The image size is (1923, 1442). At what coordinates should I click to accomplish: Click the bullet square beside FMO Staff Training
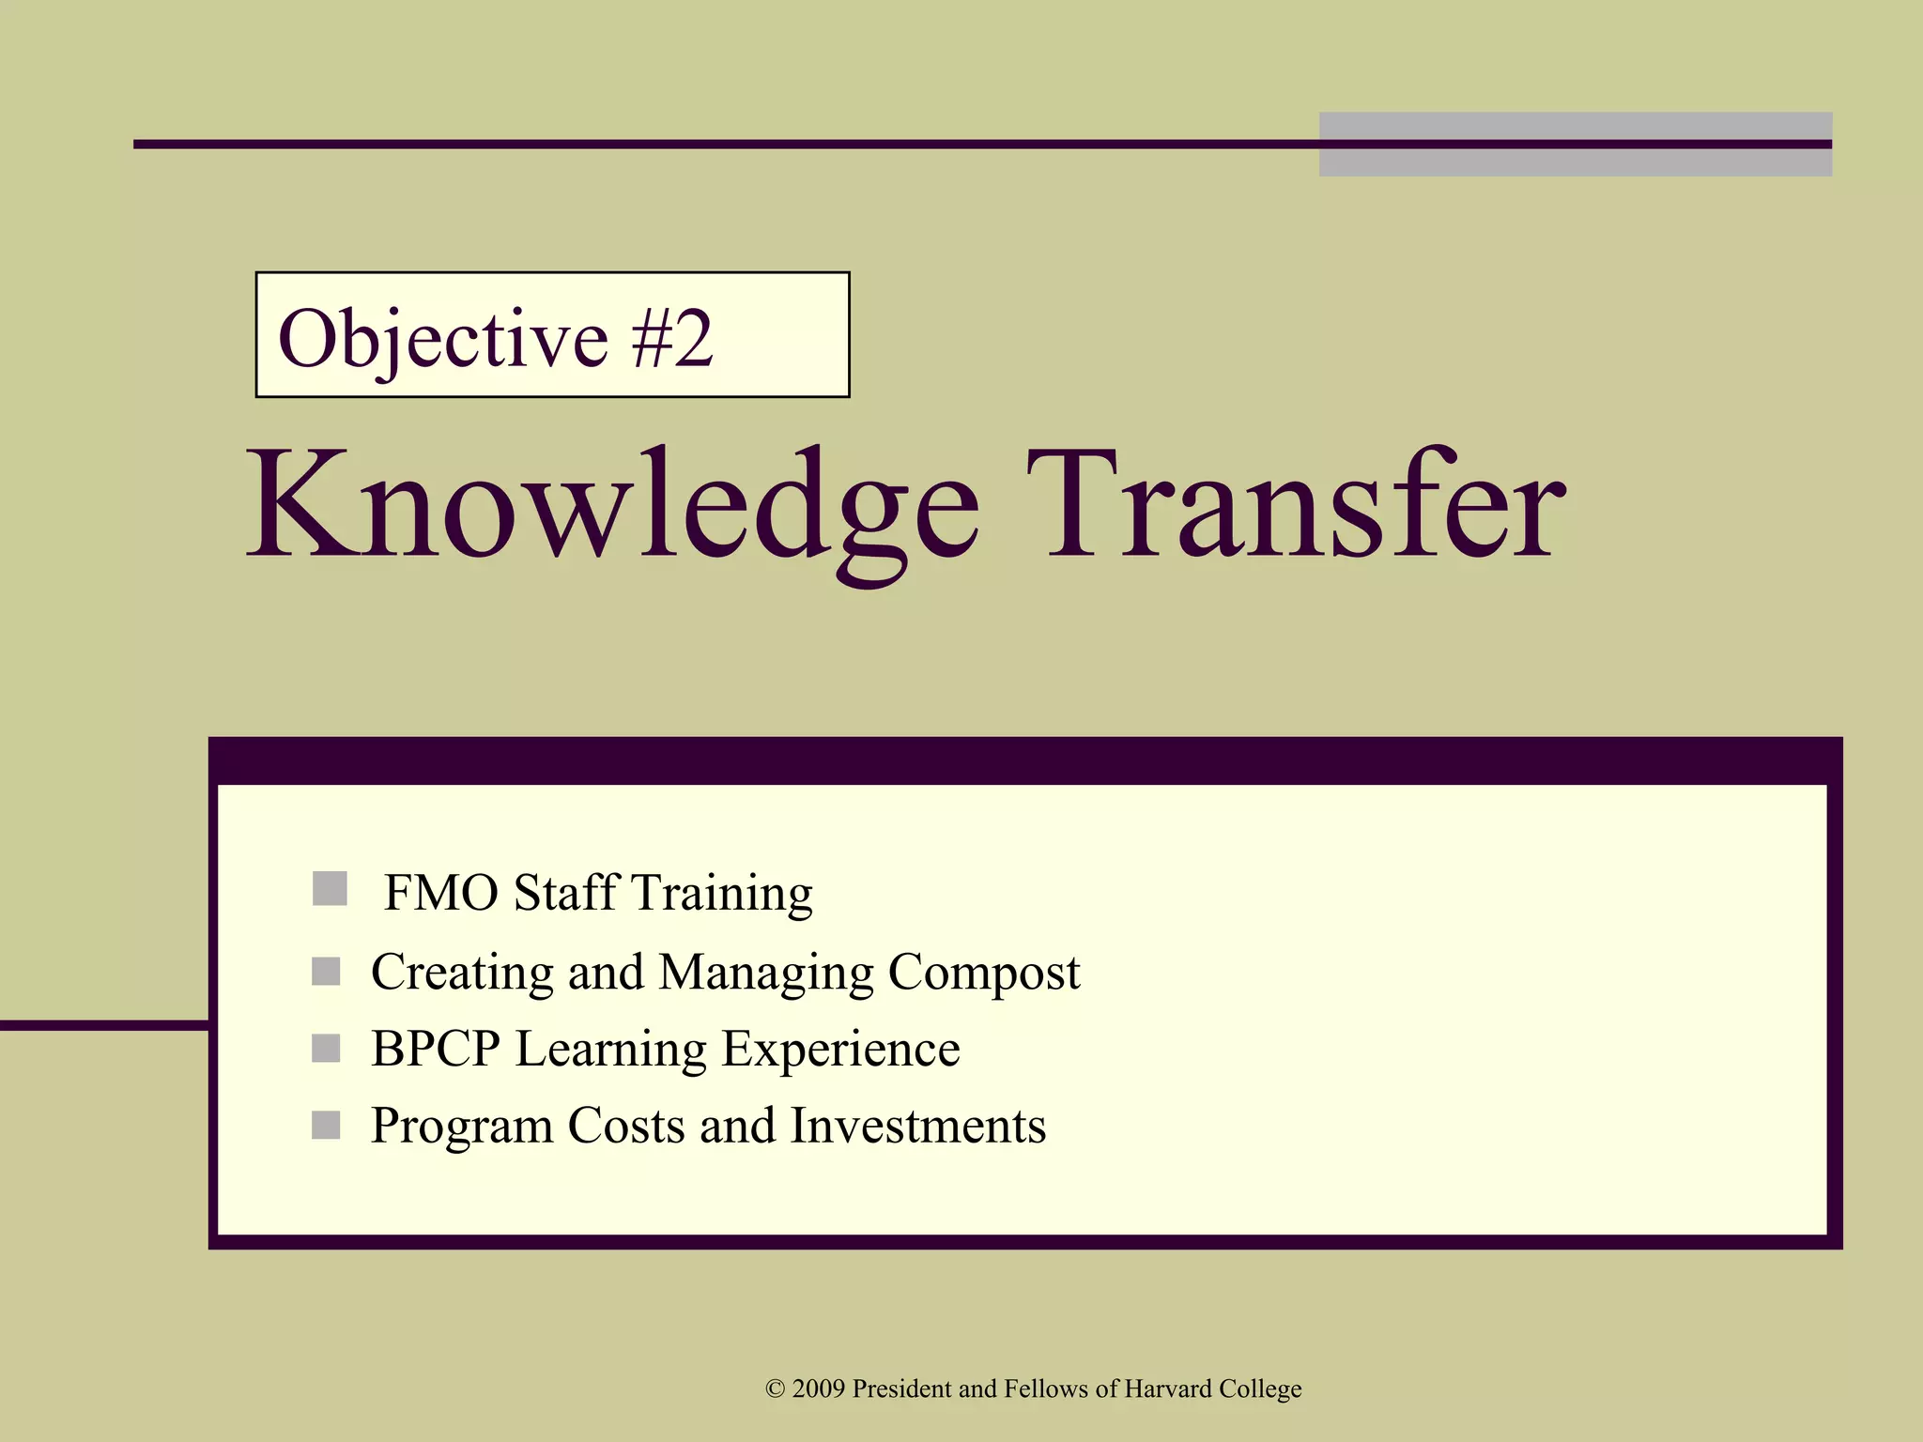[x=330, y=888]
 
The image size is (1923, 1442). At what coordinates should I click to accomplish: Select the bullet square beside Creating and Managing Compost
[x=326, y=972]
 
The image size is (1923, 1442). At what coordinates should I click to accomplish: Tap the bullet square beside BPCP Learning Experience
[x=326, y=1048]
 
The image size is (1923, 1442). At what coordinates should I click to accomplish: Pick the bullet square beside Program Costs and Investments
[x=326, y=1125]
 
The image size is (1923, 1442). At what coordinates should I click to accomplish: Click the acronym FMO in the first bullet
[x=440, y=892]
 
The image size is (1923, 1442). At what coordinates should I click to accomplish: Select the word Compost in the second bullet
[x=983, y=973]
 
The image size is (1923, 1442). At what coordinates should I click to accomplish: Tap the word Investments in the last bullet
[x=917, y=1126]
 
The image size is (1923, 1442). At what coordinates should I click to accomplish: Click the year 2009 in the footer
[x=819, y=1388]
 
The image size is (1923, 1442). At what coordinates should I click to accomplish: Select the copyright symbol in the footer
[x=775, y=1388]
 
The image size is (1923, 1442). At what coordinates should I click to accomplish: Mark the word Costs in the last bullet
[x=625, y=1126]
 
